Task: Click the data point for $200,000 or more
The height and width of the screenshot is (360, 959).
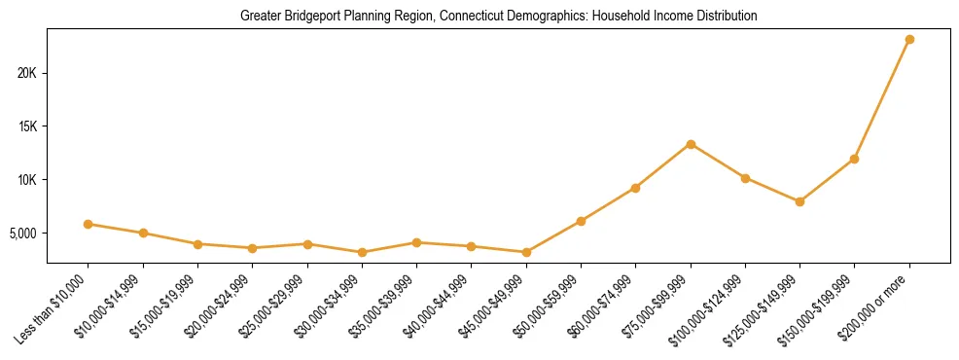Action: [909, 40]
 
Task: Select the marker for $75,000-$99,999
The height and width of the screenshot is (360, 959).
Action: [691, 144]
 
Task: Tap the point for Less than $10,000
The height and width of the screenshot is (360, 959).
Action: [89, 224]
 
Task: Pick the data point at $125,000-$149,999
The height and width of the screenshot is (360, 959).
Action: [799, 201]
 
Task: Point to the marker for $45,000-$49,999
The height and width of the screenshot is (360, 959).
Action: [526, 252]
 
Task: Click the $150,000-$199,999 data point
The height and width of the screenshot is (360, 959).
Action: [854, 159]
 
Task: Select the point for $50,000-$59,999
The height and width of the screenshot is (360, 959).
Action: [581, 221]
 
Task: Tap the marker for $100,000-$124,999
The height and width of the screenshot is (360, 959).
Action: [745, 178]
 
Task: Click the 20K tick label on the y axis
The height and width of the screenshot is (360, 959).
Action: [26, 73]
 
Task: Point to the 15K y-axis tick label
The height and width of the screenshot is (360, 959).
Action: [26, 126]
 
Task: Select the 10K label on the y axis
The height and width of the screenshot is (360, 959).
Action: [26, 180]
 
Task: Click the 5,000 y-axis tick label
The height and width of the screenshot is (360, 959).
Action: [22, 234]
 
